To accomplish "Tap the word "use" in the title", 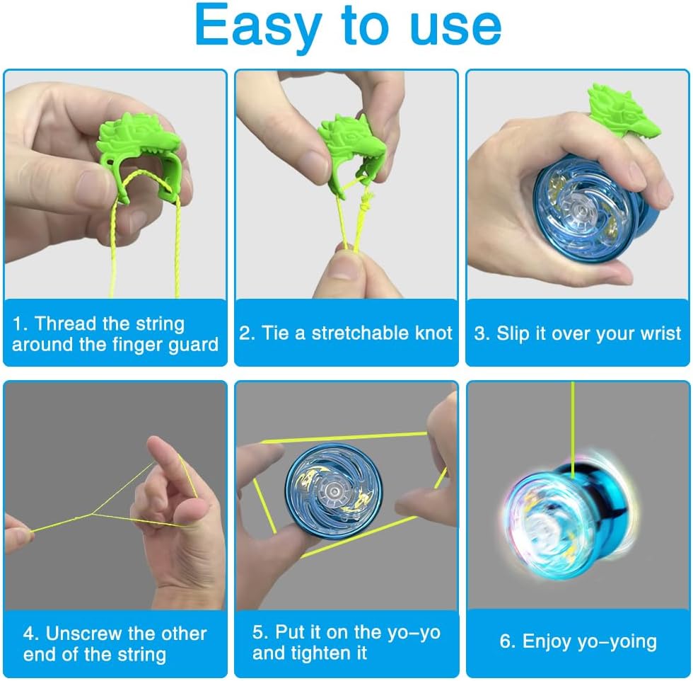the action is pyautogui.click(x=455, y=28).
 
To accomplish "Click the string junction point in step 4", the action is pyautogui.click(x=92, y=514).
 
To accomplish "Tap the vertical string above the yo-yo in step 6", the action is pyautogui.click(x=573, y=429).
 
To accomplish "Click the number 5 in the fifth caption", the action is pyautogui.click(x=257, y=632).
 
